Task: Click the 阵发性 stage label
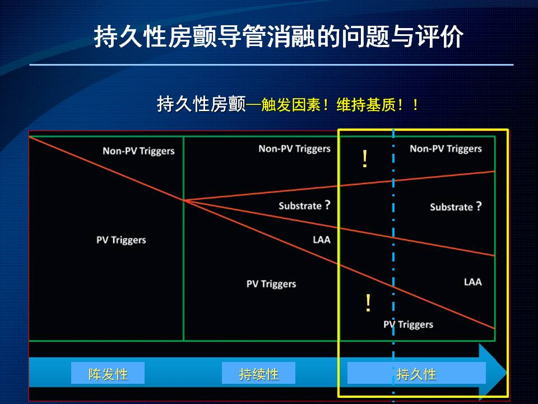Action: (x=108, y=374)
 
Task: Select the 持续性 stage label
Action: (x=258, y=374)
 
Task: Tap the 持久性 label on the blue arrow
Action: (x=416, y=374)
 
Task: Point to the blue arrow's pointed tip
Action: (x=507, y=371)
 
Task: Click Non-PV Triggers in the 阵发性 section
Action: (x=138, y=151)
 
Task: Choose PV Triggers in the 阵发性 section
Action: (x=121, y=240)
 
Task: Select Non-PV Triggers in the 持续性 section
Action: (x=294, y=148)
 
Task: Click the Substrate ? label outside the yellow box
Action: (x=304, y=205)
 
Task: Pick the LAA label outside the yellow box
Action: (x=322, y=240)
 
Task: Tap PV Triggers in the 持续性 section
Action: (x=271, y=284)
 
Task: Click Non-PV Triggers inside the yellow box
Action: (x=446, y=148)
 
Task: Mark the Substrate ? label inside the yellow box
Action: (x=456, y=206)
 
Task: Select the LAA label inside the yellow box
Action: (x=473, y=282)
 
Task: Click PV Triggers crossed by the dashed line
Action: (x=409, y=324)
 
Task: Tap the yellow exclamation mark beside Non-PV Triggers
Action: (x=365, y=159)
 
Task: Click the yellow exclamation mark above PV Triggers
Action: (x=368, y=302)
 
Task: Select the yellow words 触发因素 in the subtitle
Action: (x=291, y=105)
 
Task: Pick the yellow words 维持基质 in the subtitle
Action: (x=366, y=105)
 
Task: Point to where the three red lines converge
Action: (x=184, y=200)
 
